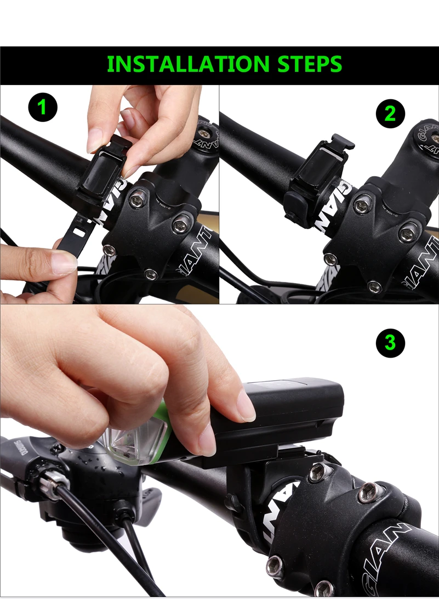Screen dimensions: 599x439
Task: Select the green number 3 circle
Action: [x=390, y=342]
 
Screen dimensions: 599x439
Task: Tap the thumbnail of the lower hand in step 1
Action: [x=63, y=262]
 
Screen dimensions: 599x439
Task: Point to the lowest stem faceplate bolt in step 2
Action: [x=374, y=286]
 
